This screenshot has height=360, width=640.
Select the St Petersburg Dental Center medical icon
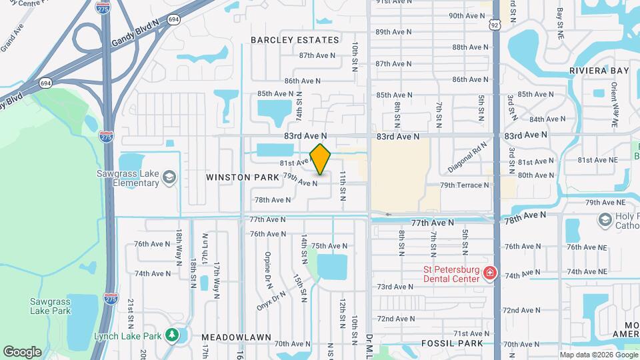click(490, 273)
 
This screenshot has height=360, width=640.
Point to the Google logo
click(22, 352)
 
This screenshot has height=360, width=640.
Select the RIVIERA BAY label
click(599, 70)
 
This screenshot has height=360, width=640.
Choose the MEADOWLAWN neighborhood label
click(229, 337)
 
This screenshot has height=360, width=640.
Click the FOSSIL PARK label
click(451, 343)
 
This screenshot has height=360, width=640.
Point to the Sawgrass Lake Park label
click(50, 306)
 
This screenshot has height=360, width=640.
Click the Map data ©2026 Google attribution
click(598, 354)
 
